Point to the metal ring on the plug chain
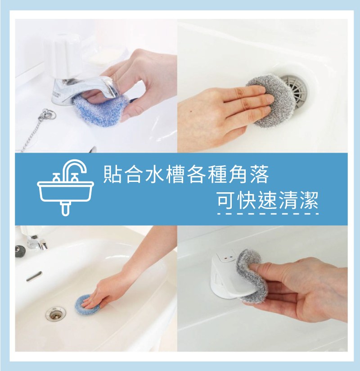click(49, 114)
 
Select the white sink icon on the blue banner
click(66, 187)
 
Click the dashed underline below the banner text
click(268, 214)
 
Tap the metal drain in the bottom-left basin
click(56, 314)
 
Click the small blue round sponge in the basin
click(86, 305)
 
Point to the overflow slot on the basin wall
click(34, 276)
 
